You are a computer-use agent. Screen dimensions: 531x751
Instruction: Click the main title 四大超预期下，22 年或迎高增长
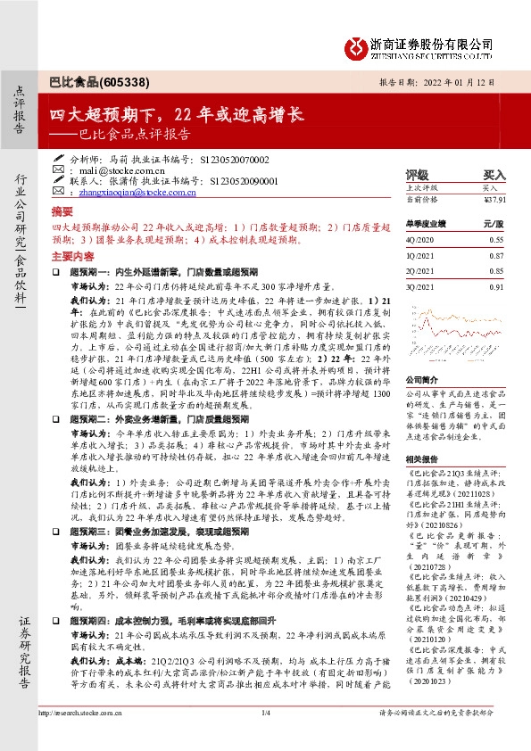pos(176,115)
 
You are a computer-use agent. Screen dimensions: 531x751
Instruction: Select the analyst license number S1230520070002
pos(231,158)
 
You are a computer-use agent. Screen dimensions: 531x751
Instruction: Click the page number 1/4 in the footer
pos(265,738)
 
